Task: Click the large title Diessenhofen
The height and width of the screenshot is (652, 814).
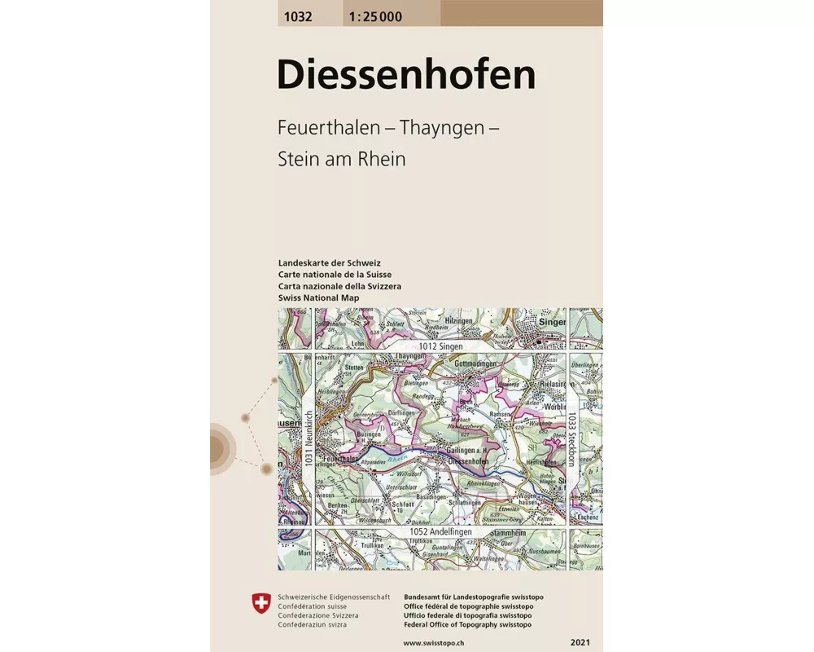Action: (x=406, y=75)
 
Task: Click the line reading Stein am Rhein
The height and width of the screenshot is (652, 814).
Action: (x=341, y=159)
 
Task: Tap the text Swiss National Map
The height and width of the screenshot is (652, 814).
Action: (x=318, y=298)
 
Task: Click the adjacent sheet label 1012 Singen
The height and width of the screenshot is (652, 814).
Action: (x=440, y=347)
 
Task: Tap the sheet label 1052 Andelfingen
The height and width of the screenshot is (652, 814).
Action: (x=441, y=532)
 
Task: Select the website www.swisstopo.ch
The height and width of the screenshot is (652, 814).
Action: (x=437, y=644)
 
